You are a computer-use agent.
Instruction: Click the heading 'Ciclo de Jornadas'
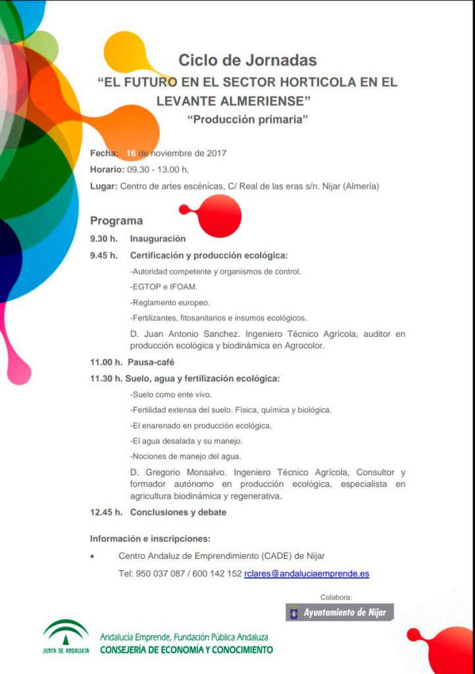(247, 61)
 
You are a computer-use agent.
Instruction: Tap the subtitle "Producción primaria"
(247, 120)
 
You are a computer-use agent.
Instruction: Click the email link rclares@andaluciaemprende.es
(307, 574)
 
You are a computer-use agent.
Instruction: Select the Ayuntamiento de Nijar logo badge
(339, 613)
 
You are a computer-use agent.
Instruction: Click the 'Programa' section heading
(116, 221)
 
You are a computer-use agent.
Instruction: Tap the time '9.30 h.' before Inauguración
(104, 239)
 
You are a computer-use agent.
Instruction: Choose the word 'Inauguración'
(158, 239)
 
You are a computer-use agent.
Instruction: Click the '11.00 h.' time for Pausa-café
(106, 362)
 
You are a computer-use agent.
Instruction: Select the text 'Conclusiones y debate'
(178, 511)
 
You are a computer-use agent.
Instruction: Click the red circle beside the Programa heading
(219, 216)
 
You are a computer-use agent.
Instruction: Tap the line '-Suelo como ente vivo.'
(171, 395)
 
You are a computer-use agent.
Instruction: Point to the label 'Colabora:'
(336, 597)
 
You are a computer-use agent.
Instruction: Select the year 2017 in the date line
(216, 153)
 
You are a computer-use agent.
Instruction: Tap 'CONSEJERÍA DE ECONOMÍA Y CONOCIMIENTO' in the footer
(186, 650)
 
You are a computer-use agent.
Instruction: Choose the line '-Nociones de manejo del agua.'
(186, 456)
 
